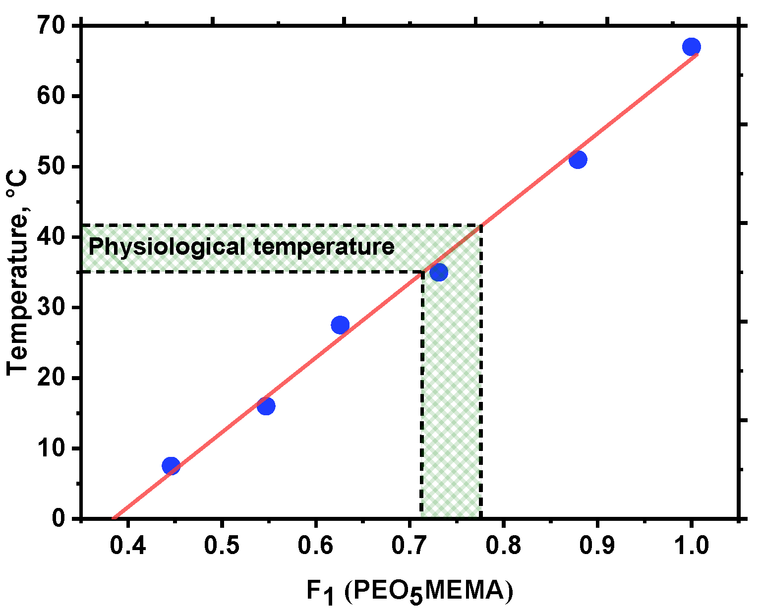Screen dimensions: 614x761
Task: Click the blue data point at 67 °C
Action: coord(691,47)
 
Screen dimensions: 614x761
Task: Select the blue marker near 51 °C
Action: coord(578,160)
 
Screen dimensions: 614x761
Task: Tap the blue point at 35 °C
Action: coord(439,272)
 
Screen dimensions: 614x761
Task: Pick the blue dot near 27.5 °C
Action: coord(340,325)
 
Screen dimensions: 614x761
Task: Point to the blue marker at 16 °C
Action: coord(266,406)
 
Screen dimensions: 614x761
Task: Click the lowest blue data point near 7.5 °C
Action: coord(171,466)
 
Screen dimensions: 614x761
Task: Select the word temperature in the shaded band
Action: coord(324,246)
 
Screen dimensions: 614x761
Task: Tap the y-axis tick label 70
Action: coord(52,25)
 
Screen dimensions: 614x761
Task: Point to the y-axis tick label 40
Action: coord(52,237)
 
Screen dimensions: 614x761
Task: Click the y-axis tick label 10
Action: coord(52,448)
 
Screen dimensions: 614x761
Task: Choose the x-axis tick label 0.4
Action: coord(128,546)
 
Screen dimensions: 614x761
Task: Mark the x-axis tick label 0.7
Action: coord(409,546)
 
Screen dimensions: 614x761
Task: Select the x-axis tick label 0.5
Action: coord(222,546)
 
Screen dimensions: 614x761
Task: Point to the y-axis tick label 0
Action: coord(59,519)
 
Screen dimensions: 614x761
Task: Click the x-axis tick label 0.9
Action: coord(597,546)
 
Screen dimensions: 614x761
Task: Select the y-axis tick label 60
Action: coord(52,96)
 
